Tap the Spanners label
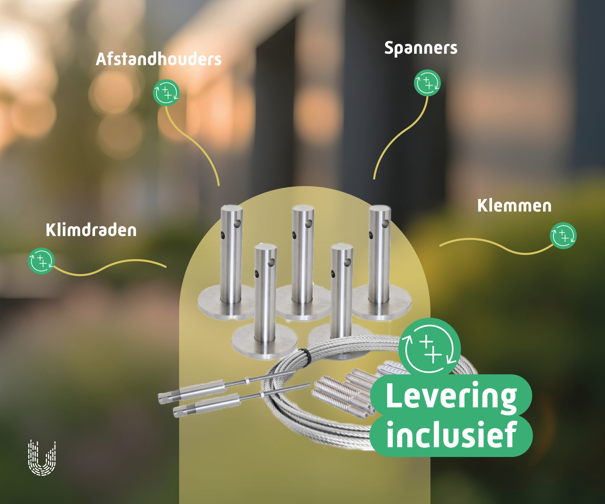(x=421, y=48)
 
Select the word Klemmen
(x=514, y=206)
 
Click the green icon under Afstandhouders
(x=166, y=93)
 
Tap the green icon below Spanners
(x=427, y=83)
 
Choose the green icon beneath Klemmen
(x=563, y=236)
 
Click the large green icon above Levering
(x=430, y=349)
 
